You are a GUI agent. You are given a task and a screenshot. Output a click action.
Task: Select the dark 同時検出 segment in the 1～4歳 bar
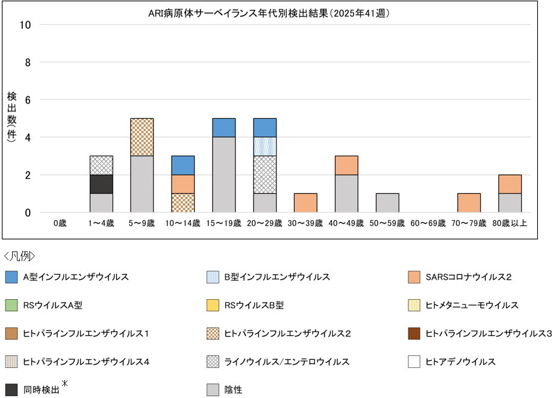click(x=101, y=184)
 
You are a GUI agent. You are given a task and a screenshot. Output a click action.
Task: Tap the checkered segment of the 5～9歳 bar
click(x=142, y=137)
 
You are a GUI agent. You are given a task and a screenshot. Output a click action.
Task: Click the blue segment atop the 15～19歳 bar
click(x=224, y=127)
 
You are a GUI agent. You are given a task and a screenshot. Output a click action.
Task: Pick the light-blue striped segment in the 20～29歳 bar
click(x=265, y=147)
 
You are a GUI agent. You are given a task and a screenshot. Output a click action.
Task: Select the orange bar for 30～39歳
click(x=306, y=203)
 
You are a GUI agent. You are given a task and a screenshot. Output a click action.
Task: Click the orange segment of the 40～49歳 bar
click(x=347, y=165)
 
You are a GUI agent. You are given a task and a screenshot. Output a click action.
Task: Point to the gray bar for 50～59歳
click(x=388, y=203)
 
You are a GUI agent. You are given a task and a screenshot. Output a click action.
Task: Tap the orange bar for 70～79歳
click(x=469, y=203)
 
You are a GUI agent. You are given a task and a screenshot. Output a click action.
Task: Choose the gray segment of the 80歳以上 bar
click(x=510, y=203)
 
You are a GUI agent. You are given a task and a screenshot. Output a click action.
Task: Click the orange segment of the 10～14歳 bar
click(x=183, y=184)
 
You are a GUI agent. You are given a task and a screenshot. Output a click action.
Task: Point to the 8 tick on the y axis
click(x=28, y=62)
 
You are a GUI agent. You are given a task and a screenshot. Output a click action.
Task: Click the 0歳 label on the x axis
click(x=60, y=223)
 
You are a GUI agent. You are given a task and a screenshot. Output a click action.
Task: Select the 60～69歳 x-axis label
click(x=429, y=223)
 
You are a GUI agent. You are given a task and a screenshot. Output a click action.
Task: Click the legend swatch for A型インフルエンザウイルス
click(x=11, y=277)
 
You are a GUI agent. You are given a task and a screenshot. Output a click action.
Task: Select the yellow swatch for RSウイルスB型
click(x=213, y=306)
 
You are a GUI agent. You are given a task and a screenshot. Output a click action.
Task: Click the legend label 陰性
click(x=233, y=390)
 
